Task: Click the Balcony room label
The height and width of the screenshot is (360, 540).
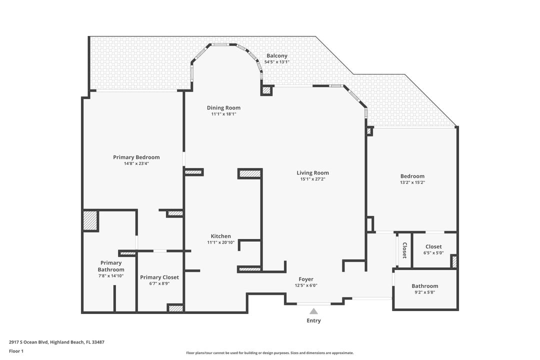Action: point(276,55)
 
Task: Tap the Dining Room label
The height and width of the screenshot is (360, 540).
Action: point(223,107)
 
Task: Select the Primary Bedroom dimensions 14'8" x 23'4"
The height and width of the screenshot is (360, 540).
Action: point(136,163)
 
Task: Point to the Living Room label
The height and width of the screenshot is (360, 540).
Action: point(312,173)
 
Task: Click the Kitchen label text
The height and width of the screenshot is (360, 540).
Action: point(220,236)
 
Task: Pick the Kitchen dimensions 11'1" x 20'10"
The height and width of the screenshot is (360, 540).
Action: point(220,242)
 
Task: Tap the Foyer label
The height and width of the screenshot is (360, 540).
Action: point(306,279)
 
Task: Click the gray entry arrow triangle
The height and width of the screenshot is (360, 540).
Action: point(313,311)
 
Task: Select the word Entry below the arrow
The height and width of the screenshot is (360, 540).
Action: point(313,320)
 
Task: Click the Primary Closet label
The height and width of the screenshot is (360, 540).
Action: point(159,277)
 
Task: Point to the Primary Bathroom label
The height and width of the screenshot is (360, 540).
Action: point(111,266)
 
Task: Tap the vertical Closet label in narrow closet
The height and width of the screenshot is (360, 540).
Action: point(404,250)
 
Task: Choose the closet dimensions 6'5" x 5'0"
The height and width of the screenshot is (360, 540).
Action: point(433,253)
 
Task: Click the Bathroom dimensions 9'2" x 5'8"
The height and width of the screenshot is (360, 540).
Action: point(424,292)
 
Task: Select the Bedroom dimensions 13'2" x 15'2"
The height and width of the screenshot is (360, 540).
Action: point(412,182)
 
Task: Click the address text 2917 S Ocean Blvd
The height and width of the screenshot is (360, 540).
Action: point(56,342)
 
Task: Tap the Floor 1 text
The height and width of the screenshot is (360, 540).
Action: point(16,351)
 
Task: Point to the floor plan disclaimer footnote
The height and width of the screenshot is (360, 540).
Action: point(269,352)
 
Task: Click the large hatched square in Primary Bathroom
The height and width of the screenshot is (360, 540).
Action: point(90,220)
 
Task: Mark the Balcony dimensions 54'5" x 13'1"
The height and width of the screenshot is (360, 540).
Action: point(276,62)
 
